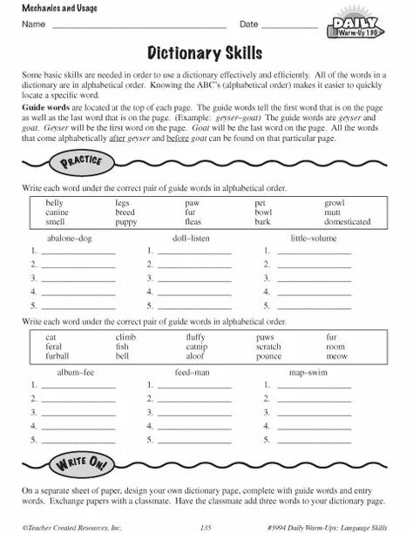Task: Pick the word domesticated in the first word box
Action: point(347,222)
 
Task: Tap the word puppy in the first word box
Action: point(125,222)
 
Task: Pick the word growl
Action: point(336,202)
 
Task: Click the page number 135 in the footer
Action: point(206,526)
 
